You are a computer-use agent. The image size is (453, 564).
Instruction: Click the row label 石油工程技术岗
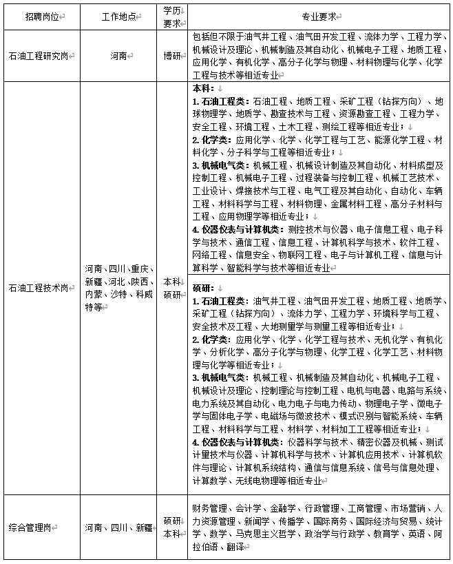point(40,288)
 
